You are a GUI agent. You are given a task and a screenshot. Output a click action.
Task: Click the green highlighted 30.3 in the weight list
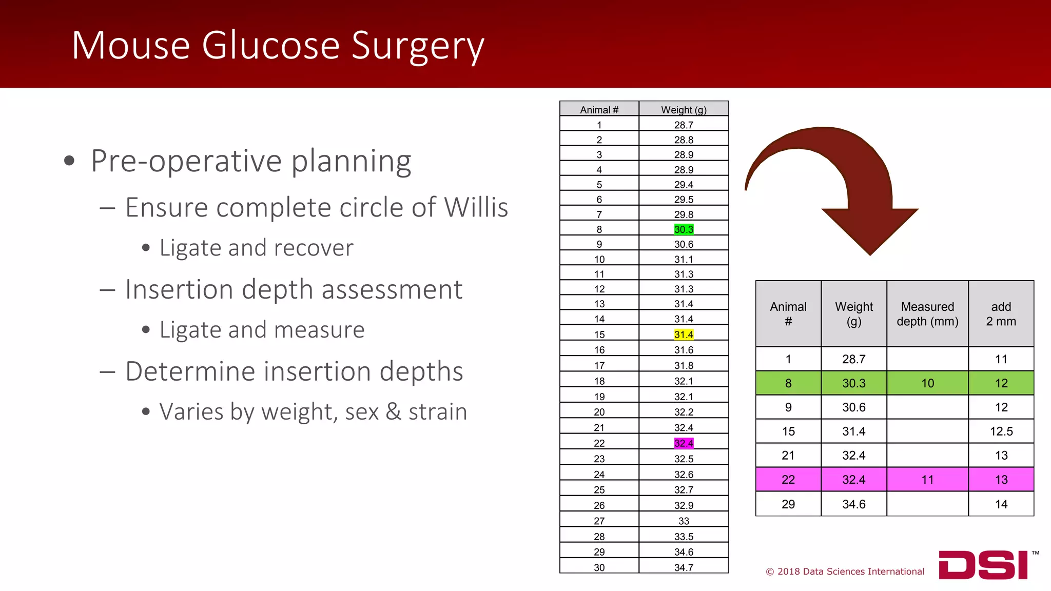[x=684, y=229]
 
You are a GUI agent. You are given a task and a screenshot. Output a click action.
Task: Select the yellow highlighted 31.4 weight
[x=684, y=334]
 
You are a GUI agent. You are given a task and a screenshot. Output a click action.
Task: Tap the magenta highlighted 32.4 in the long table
[x=684, y=443]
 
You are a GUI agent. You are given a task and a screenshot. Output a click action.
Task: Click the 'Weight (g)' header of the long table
[x=684, y=110]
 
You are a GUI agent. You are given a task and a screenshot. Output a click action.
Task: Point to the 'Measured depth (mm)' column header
[x=927, y=314]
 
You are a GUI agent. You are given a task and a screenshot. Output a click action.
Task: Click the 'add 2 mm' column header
[x=1001, y=314]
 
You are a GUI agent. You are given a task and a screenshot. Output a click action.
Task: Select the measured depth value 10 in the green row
[x=927, y=383]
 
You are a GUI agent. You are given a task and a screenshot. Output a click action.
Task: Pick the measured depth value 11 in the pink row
[x=927, y=480]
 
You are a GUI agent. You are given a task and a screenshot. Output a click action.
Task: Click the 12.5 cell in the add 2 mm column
[x=1001, y=431]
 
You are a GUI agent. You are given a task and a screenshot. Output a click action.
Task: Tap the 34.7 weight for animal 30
[x=684, y=567]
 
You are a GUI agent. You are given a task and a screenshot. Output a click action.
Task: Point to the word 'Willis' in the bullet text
[x=476, y=208]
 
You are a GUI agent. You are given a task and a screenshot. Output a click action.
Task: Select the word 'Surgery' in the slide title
[x=418, y=46]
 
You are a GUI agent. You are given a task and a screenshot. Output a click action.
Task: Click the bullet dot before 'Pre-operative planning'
[x=69, y=162]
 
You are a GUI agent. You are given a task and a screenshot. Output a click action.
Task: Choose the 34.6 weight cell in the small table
[x=853, y=504]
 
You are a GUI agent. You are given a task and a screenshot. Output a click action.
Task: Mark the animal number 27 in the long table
[x=599, y=521]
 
